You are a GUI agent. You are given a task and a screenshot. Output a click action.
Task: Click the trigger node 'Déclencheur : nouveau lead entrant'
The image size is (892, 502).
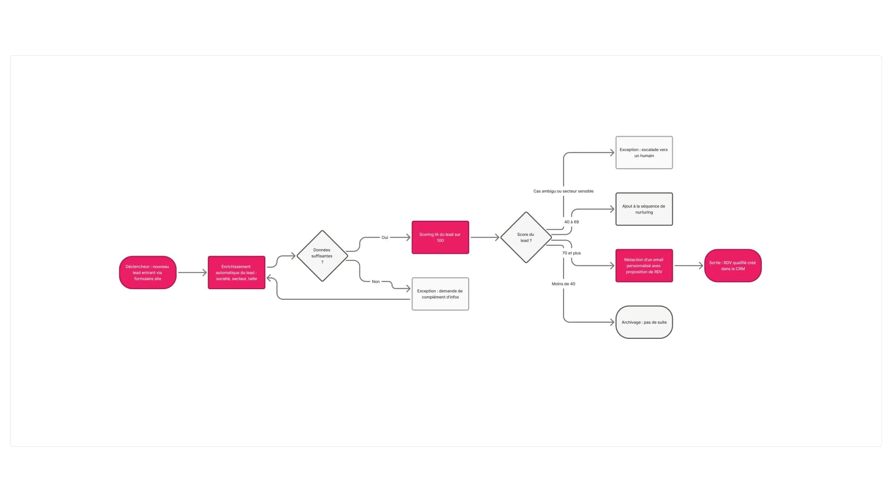click(x=148, y=272)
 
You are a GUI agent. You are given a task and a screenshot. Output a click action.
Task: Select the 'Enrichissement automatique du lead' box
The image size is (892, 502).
click(x=236, y=272)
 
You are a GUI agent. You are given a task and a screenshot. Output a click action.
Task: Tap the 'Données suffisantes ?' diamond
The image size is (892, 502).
click(x=322, y=256)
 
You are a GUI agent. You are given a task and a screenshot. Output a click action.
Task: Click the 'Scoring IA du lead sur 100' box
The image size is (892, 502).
click(x=440, y=237)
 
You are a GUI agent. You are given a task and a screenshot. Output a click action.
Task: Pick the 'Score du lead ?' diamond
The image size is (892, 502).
click(x=526, y=237)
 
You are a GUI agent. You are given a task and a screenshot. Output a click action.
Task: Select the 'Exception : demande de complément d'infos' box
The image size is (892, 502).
click(x=440, y=294)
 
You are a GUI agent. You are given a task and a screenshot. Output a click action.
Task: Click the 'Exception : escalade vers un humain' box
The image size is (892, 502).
click(x=644, y=152)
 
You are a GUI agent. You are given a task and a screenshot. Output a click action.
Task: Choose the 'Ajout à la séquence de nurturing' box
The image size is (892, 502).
click(x=644, y=209)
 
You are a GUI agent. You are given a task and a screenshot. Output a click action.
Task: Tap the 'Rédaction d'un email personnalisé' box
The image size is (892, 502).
click(x=644, y=265)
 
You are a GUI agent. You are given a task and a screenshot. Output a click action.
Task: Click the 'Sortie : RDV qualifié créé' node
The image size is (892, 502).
click(x=733, y=265)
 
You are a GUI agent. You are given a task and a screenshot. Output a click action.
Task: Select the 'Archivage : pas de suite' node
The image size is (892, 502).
click(x=644, y=322)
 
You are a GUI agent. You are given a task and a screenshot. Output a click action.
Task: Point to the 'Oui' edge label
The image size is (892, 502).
click(x=385, y=237)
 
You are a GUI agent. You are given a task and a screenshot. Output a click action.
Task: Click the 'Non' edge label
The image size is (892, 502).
click(x=376, y=281)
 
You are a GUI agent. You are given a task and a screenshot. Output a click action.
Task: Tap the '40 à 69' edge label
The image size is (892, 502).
click(x=571, y=222)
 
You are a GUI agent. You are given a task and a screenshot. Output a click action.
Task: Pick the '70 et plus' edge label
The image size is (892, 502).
click(x=571, y=253)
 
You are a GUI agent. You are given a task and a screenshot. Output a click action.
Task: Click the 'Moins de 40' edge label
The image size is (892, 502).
click(x=564, y=284)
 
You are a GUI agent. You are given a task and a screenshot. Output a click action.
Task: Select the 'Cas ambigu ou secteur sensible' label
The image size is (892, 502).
click(x=564, y=191)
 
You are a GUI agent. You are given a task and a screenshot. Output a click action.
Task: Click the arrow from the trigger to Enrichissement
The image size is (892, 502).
click(x=192, y=272)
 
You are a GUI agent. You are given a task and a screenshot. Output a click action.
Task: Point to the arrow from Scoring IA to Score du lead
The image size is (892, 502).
click(x=485, y=237)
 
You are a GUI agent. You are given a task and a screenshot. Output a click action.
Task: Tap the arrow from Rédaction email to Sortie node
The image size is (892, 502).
click(x=689, y=265)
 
